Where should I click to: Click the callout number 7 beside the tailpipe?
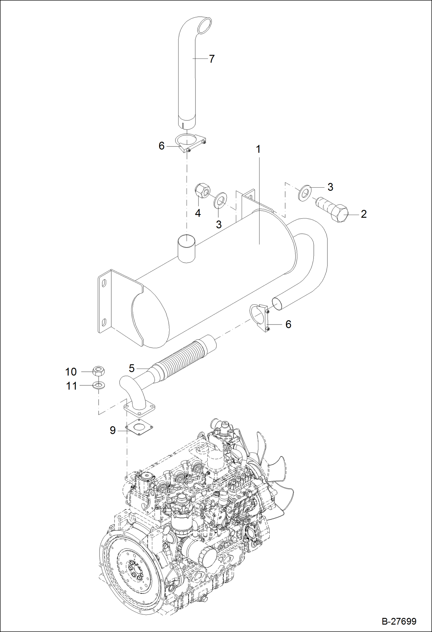click(212, 59)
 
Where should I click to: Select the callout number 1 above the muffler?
click(258, 149)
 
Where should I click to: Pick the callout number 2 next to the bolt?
click(364, 214)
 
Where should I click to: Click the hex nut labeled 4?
click(202, 190)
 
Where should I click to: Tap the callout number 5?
click(132, 368)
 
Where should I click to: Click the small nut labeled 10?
click(99, 371)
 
